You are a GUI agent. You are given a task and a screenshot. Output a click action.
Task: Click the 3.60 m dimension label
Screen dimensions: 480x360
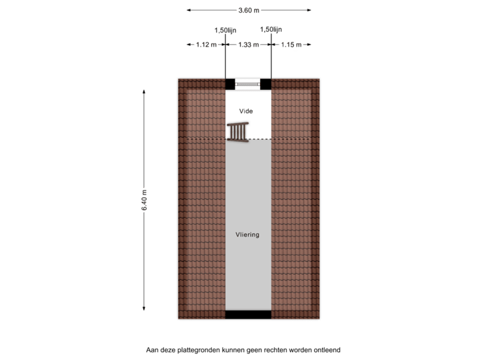[249, 11]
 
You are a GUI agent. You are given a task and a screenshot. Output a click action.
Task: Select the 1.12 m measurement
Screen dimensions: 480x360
[207, 45]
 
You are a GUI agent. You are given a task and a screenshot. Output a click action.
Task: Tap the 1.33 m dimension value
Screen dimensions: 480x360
[248, 45]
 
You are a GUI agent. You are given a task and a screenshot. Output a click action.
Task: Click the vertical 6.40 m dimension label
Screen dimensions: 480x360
[144, 200]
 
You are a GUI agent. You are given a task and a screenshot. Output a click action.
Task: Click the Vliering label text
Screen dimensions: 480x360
[247, 235]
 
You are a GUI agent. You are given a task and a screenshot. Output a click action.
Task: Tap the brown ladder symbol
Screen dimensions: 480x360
[237, 132]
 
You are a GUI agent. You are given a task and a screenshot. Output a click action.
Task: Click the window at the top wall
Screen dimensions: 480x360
[248, 84]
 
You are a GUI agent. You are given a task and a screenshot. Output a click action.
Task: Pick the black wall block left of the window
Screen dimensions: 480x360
[230, 84]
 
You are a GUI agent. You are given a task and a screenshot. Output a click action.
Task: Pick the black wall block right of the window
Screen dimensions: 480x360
[266, 84]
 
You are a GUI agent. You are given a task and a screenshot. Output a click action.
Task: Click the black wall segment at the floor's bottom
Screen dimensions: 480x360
[248, 315]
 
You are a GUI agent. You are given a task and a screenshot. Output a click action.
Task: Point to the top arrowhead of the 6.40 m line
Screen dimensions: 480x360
[144, 91]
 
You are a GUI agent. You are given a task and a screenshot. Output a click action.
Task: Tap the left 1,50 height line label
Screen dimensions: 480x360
[225, 30]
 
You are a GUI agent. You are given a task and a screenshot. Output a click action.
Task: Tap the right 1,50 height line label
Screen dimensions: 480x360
[271, 29]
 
